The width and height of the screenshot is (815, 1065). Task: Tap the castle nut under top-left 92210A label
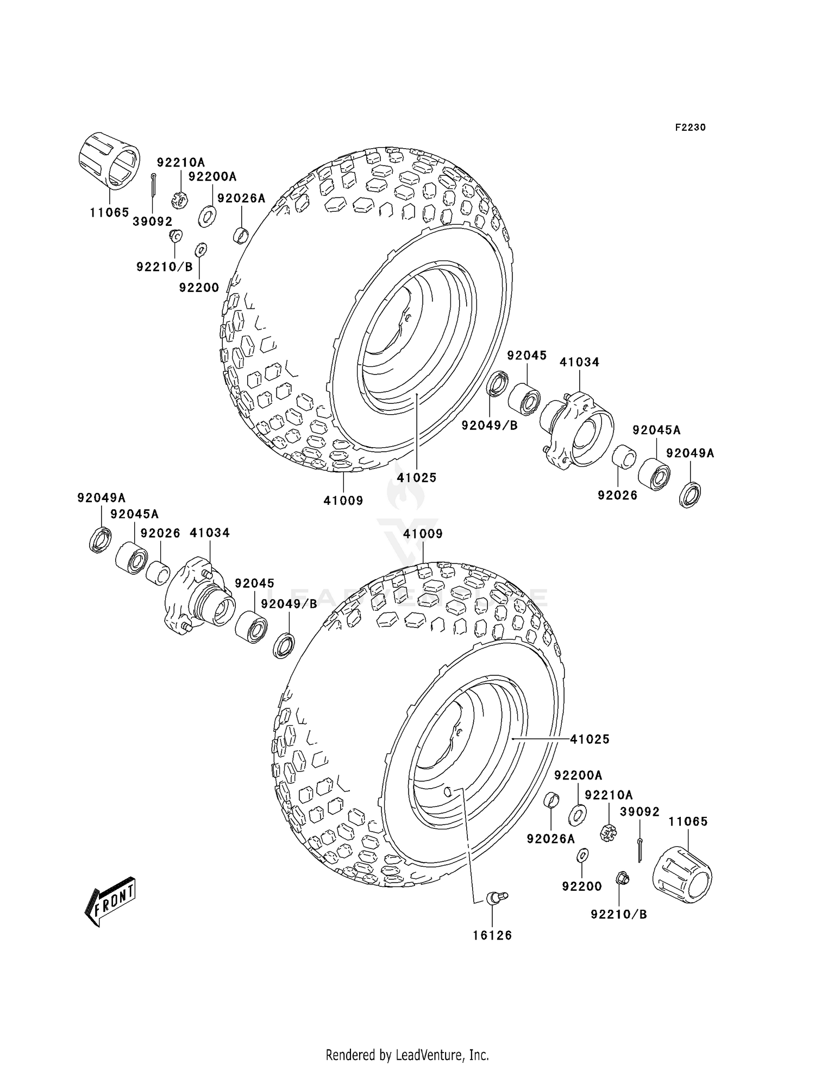180,200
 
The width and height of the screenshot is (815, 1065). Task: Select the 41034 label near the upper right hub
579,362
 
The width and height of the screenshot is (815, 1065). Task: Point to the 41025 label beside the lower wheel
590,739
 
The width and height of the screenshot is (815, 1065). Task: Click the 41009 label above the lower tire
423,534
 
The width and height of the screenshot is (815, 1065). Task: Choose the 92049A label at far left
101,498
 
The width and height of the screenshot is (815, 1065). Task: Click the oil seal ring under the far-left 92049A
101,540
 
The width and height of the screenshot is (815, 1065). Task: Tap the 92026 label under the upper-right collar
617,496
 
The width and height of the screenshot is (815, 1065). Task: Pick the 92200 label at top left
199,288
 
